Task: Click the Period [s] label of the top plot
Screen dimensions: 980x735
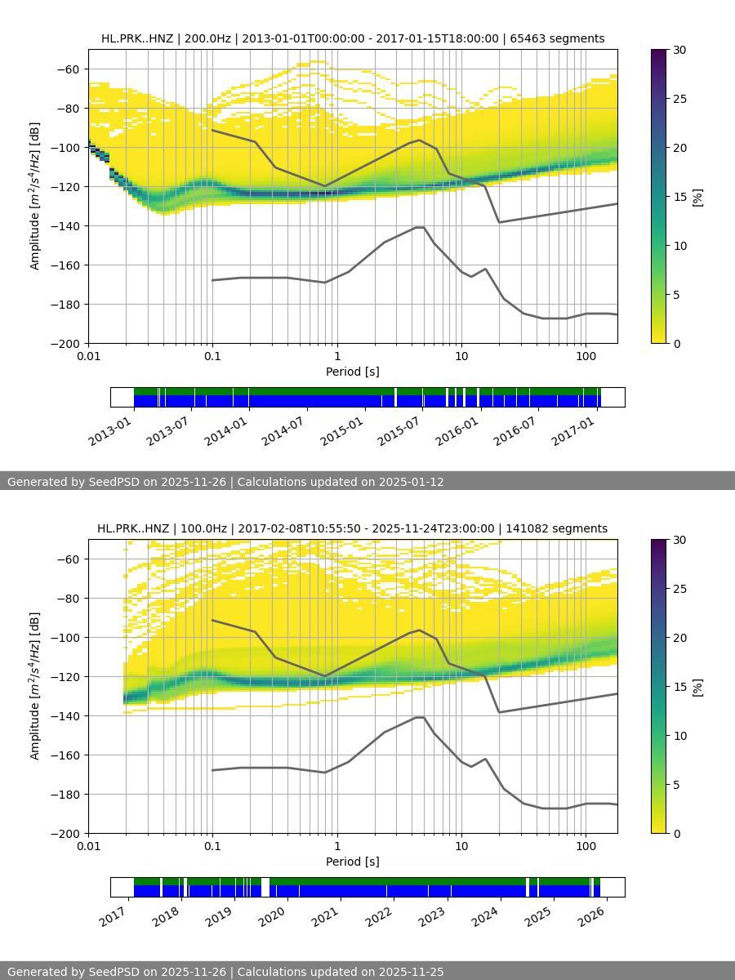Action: tap(353, 372)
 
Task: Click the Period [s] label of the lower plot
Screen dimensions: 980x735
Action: tap(353, 862)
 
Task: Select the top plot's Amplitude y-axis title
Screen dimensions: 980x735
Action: tap(34, 196)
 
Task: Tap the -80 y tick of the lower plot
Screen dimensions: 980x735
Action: tap(69, 599)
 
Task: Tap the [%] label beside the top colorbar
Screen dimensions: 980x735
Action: tap(697, 197)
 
